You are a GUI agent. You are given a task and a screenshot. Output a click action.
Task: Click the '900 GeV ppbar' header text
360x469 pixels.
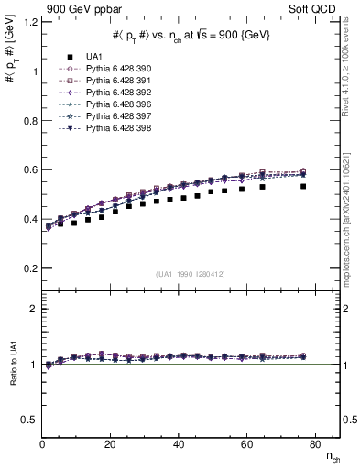[x=83, y=9]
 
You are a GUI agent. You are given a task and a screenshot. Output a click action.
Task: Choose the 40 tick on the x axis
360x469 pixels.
[x=178, y=444]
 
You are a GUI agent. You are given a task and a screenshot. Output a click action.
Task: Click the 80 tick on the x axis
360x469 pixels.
[x=313, y=444]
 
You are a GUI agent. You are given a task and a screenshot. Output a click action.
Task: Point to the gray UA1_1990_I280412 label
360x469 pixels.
[x=191, y=273]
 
